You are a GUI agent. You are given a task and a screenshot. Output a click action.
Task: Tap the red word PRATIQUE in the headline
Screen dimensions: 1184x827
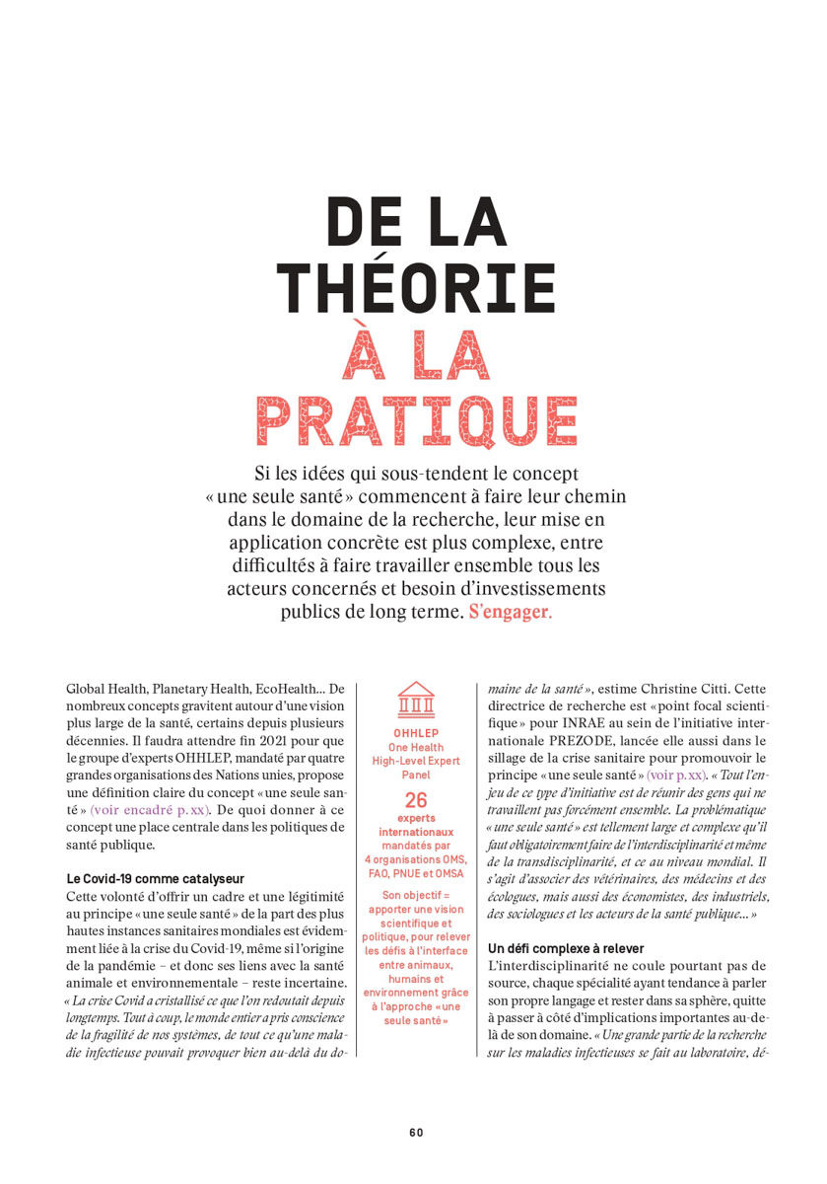pyautogui.click(x=416, y=419)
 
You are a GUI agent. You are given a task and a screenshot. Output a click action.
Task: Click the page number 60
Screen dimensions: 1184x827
pyautogui.click(x=416, y=1132)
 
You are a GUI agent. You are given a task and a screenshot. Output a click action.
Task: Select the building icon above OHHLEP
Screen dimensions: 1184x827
pyautogui.click(x=416, y=700)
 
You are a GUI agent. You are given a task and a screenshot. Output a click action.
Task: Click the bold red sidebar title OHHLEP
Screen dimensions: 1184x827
pyautogui.click(x=415, y=734)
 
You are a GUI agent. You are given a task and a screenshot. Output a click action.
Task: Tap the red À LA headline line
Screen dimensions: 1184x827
pyautogui.click(x=416, y=352)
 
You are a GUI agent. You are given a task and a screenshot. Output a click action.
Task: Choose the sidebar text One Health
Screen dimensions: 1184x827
pyautogui.click(x=415, y=748)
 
